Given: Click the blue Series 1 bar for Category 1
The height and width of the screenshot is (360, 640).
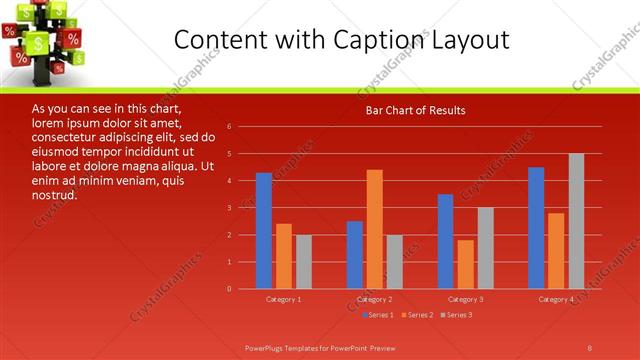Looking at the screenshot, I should click(264, 231).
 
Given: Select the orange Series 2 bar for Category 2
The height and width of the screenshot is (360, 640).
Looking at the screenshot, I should click(374, 229).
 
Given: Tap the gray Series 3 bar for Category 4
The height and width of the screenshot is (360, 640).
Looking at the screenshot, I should click(576, 221).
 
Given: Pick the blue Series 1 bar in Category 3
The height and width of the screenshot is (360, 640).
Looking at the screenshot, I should click(445, 241).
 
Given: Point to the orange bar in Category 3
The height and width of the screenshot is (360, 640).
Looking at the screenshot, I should click(465, 264).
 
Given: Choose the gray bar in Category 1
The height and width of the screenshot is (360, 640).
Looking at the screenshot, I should click(303, 262).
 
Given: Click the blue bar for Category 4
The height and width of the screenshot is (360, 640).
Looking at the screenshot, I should click(536, 228).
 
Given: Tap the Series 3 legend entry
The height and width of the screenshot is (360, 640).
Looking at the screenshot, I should click(455, 315).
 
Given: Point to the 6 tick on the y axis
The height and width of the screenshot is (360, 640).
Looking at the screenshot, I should click(230, 127).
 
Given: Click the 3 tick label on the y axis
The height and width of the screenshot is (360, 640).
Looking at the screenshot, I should click(230, 208).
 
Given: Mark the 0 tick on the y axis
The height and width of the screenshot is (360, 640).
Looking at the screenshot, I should click(230, 289).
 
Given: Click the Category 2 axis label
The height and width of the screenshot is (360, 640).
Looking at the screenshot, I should click(374, 299).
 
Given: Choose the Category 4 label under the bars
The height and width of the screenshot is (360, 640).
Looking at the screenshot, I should click(556, 299).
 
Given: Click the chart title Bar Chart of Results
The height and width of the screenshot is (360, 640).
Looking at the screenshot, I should click(414, 110).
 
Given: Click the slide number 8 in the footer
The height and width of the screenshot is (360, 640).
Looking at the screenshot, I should click(590, 347).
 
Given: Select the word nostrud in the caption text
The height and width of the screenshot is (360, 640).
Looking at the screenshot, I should click(55, 194).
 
